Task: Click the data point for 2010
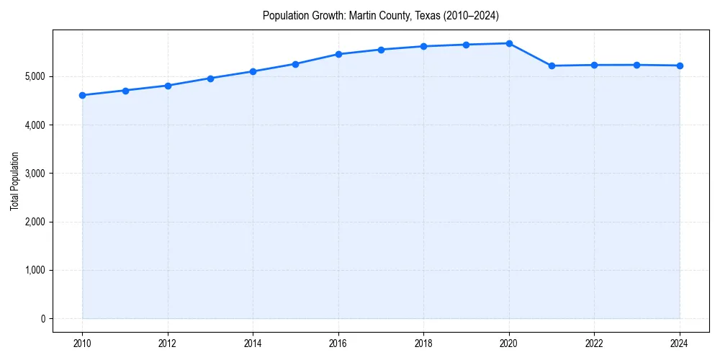[82, 95]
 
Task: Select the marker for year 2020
[509, 43]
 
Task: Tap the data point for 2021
[552, 66]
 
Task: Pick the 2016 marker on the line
[338, 54]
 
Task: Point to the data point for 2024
[680, 66]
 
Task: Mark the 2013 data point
[210, 78]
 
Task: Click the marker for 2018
[423, 46]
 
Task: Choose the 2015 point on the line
[296, 64]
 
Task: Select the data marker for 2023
[636, 65]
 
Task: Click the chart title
[380, 15]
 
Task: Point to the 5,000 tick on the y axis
[33, 76]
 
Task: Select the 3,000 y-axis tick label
[33, 174]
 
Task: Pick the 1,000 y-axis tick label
[33, 271]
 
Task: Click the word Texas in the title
[431, 15]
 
